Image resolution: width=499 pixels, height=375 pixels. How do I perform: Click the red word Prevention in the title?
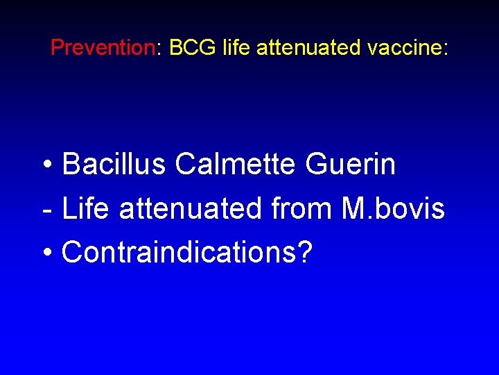pyautogui.click(x=103, y=48)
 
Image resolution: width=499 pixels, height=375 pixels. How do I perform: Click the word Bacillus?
pyautogui.click(x=114, y=165)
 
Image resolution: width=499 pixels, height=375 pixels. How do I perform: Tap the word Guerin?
pyautogui.click(x=350, y=165)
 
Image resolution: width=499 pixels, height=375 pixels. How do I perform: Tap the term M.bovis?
pyautogui.click(x=393, y=208)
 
